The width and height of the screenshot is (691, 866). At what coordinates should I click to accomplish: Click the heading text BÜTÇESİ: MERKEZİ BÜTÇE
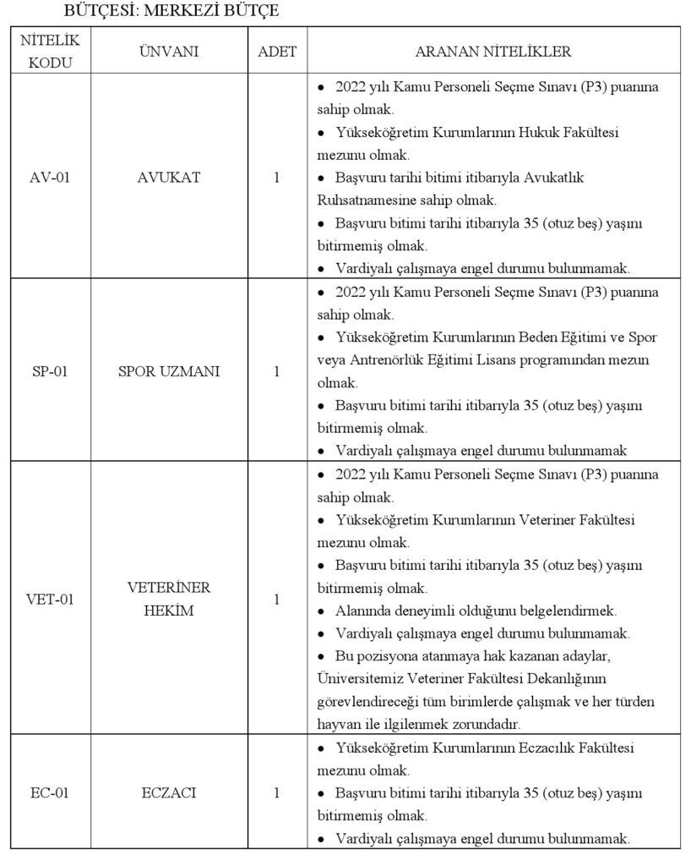click(x=171, y=12)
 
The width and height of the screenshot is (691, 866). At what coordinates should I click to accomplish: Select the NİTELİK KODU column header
click(x=50, y=51)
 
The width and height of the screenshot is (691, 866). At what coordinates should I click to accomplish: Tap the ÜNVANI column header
click(x=169, y=52)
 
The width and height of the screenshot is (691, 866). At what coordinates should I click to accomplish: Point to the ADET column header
click(x=277, y=52)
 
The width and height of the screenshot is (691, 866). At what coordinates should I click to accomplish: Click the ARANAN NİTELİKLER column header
click(x=492, y=52)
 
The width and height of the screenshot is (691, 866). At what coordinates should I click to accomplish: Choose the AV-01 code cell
click(x=50, y=178)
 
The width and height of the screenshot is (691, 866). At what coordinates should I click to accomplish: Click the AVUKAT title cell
click(x=169, y=178)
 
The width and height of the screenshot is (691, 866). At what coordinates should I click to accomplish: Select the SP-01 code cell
click(x=50, y=371)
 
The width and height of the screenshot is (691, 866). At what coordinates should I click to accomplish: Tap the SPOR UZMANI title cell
click(x=169, y=371)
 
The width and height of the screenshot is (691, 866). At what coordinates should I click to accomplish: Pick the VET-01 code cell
click(x=50, y=600)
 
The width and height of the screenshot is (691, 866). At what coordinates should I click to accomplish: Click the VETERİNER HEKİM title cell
click(x=169, y=599)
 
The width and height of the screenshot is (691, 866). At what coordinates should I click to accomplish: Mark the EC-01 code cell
click(x=50, y=793)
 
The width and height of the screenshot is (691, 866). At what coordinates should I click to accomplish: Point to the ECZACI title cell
click(x=169, y=793)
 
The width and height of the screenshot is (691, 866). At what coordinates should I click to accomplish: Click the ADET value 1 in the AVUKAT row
click(x=277, y=178)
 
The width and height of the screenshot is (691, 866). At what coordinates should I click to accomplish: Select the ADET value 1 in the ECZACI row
click(x=277, y=793)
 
